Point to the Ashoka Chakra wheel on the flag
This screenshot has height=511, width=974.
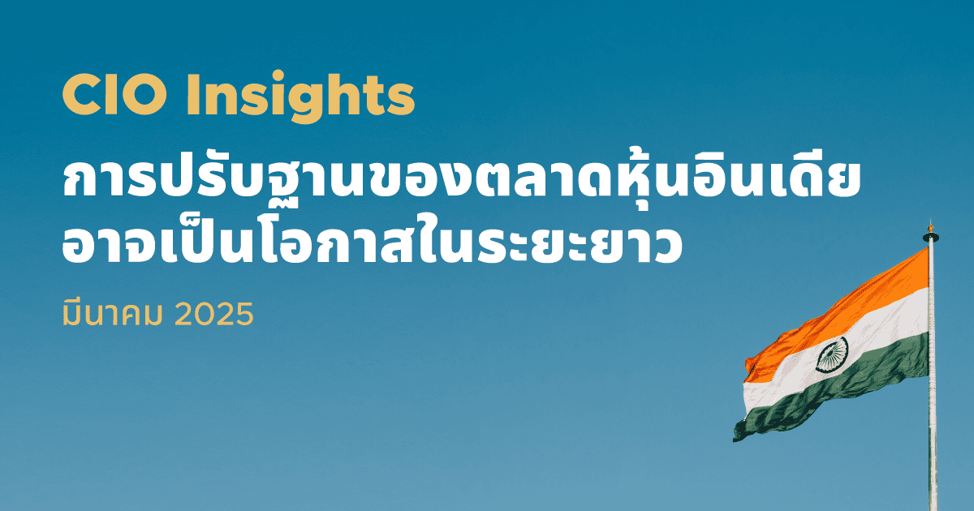[832, 354]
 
